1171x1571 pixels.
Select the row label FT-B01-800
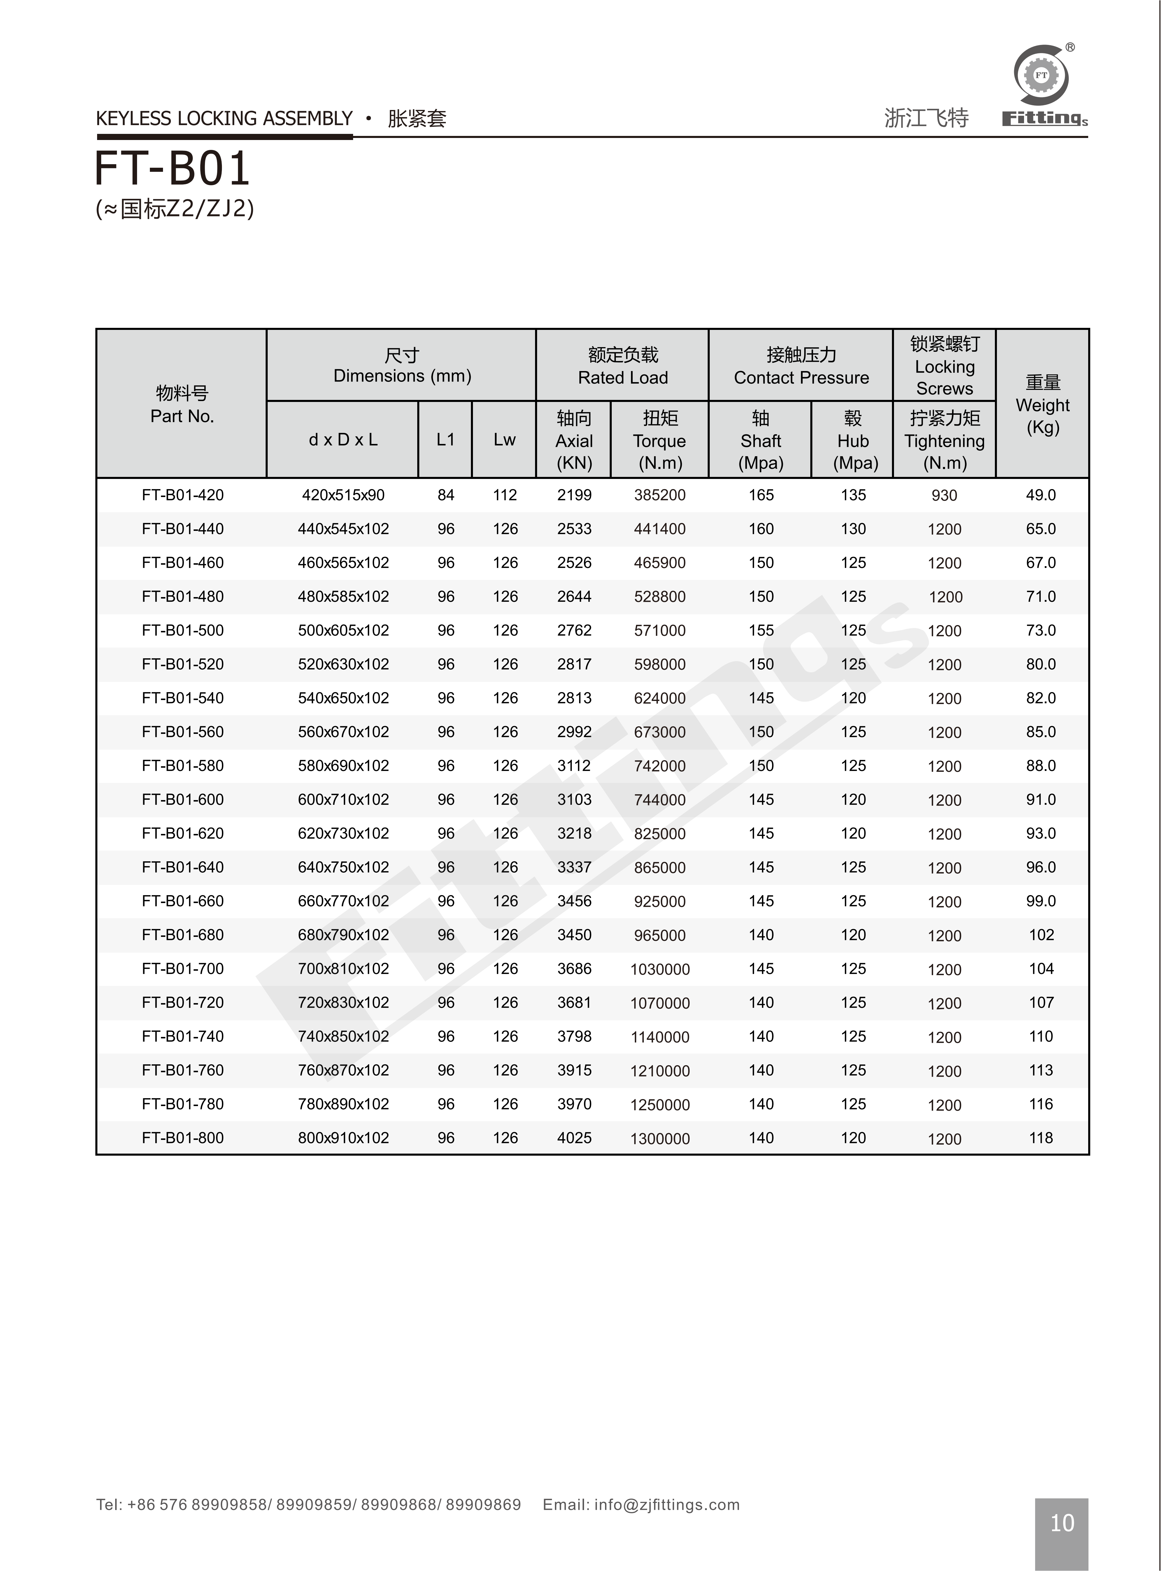click(183, 1138)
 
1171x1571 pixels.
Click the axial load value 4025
click(574, 1138)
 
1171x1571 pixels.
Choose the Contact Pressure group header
click(801, 366)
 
